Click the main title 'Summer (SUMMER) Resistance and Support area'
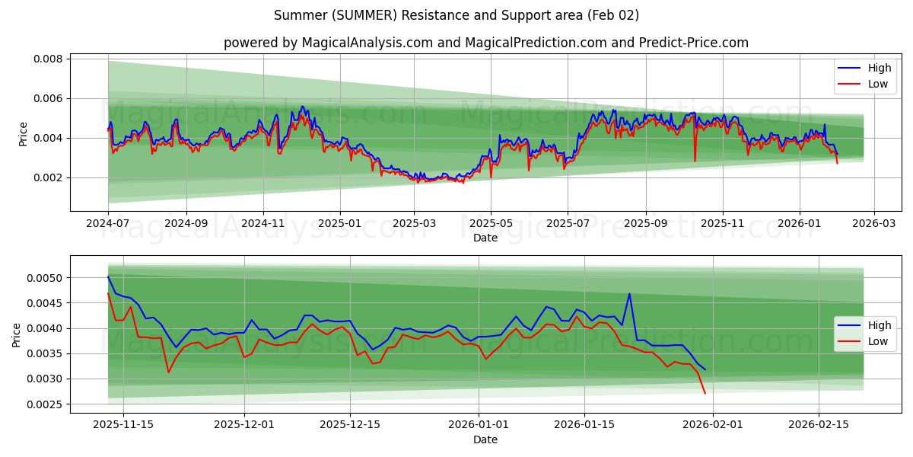coord(456,15)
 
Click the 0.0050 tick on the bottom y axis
coord(46,278)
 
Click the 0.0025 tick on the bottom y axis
coord(46,404)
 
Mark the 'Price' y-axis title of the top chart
coord(23,134)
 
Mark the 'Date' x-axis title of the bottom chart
coord(485,439)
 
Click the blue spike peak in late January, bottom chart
coord(629,293)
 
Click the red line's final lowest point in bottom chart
coord(705,393)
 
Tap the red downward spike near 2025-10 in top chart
coord(695,161)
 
